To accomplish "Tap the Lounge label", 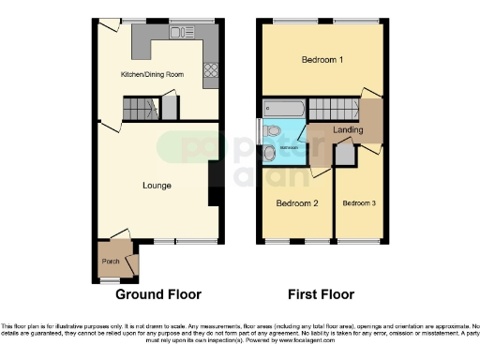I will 157,186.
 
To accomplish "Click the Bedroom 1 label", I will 322,60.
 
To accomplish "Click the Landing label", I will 349,130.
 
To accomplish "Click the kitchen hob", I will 211,68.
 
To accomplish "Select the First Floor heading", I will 322,293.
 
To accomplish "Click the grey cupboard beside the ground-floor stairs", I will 170,108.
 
